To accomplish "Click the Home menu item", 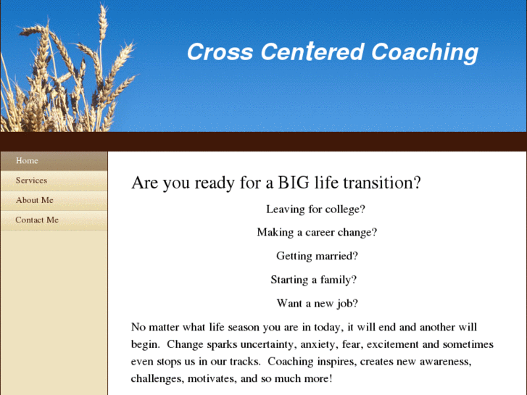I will click(27, 161).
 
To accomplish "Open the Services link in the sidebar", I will click(31, 180).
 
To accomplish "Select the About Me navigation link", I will click(35, 200).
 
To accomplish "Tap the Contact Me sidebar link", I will click(37, 220).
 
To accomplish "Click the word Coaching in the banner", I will click(425, 53).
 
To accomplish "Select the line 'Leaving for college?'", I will click(315, 209).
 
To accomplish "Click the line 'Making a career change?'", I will click(317, 233).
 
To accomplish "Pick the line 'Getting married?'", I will click(317, 256).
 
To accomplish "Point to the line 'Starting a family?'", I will click(314, 280).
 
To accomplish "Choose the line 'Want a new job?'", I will click(318, 304).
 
